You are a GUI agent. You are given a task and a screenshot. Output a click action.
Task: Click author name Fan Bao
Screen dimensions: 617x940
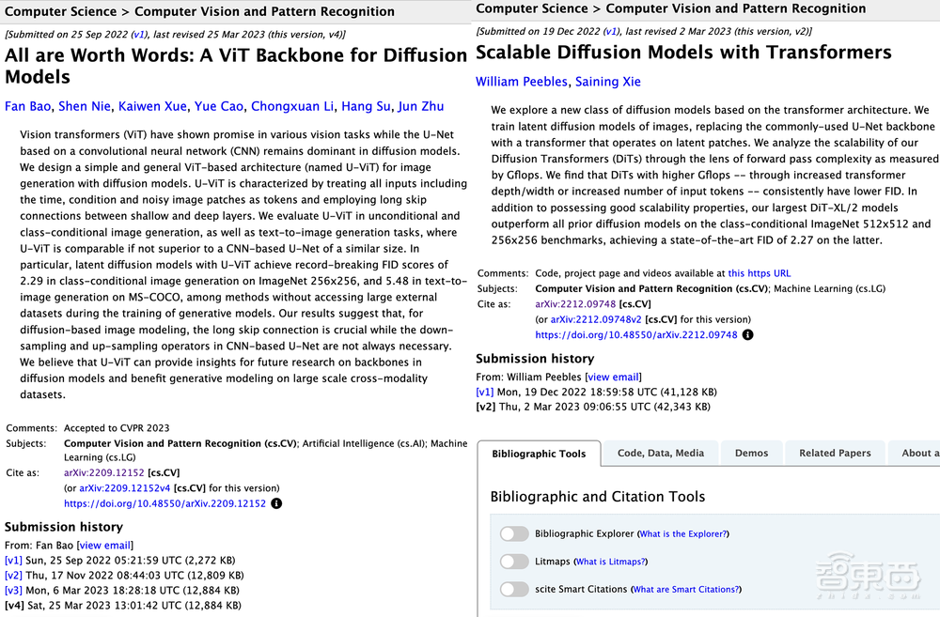[x=28, y=106]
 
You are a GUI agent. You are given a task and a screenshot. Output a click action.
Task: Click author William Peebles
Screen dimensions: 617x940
[x=522, y=82]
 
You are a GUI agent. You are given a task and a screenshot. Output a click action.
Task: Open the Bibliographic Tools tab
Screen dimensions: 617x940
[x=539, y=454]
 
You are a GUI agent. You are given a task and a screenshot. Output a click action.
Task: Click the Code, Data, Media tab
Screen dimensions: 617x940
[x=661, y=453]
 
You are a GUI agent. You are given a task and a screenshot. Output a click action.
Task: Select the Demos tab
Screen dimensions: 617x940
[x=751, y=453]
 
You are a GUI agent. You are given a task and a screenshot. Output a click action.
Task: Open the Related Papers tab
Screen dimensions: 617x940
[x=835, y=453]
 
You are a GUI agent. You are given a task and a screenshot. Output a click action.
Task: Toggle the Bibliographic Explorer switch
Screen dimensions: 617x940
[x=514, y=533]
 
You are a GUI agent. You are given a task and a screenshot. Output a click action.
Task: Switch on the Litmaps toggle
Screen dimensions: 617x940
[x=514, y=562]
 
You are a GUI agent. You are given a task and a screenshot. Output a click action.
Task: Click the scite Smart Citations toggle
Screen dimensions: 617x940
[x=514, y=589]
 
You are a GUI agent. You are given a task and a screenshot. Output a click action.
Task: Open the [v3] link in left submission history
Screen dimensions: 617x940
[x=13, y=590]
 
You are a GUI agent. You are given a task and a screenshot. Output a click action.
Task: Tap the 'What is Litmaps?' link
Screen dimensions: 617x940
[x=611, y=562]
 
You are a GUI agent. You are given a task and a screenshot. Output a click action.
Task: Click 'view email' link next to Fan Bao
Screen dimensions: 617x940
[x=104, y=546]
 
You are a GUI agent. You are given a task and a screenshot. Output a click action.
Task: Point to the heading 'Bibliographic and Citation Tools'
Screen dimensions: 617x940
[x=598, y=497]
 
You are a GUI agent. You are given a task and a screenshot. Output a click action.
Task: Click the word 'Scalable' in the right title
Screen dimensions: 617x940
[x=529, y=53]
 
